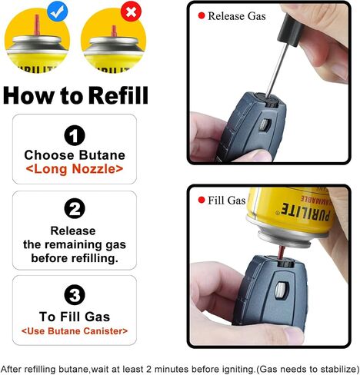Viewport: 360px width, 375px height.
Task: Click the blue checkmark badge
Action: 58,11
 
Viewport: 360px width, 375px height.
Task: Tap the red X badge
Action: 131,12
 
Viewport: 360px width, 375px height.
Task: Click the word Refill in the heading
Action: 118,95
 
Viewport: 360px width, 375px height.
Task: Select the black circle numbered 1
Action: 75,135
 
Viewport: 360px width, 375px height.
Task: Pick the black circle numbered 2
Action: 75,208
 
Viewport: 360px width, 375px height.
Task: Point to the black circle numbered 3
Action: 75,294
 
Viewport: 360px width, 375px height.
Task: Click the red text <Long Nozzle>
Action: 75,169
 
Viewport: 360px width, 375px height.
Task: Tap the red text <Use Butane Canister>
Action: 75,331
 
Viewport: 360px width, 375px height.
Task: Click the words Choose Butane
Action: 75,155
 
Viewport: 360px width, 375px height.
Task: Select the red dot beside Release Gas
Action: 202,15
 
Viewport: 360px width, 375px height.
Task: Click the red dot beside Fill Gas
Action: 202,200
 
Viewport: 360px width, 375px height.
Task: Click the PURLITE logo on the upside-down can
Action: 306,211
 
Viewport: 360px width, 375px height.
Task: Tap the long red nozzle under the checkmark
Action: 37,25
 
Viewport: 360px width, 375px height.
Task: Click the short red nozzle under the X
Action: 114,32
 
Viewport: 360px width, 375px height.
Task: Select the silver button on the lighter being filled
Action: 280,290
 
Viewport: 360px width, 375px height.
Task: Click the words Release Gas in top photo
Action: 237,16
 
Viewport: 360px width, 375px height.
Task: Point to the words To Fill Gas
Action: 75,317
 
